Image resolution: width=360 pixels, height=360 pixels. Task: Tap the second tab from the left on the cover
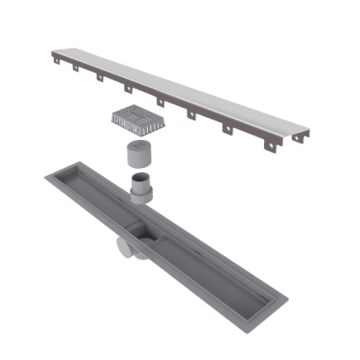74,67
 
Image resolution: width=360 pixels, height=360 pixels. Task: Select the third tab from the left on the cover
99,77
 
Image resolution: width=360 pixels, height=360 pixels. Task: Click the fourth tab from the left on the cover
128,89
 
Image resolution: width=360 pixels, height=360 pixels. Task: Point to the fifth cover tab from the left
160,102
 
